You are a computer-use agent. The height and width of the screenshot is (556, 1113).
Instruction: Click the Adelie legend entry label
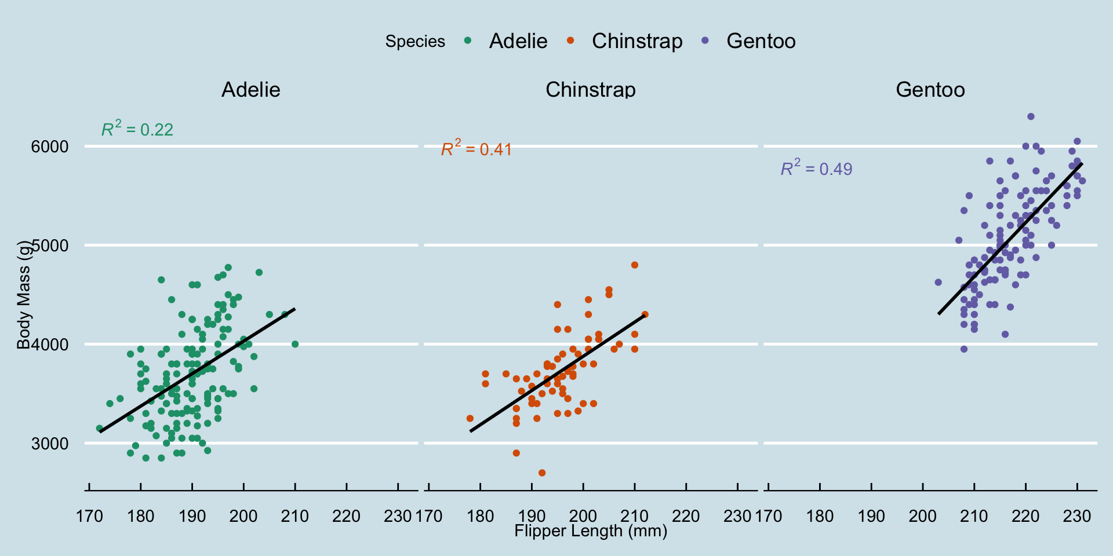(518, 41)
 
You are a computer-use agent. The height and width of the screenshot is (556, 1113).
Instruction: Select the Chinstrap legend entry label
(636, 41)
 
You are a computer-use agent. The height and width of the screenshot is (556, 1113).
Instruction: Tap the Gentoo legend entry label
(761, 41)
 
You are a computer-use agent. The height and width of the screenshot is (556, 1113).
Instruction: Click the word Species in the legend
(415, 42)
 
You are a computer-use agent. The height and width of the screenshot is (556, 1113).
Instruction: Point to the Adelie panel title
(251, 90)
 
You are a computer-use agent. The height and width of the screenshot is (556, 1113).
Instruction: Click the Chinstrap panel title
(591, 90)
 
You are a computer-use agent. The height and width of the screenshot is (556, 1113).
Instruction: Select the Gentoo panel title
(930, 90)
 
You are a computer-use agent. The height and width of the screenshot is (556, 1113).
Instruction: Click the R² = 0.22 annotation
(137, 129)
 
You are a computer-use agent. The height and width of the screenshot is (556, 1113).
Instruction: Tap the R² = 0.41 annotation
(477, 148)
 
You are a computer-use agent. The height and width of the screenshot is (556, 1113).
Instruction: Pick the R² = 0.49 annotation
(816, 168)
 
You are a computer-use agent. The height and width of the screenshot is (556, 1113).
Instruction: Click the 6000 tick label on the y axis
(50, 147)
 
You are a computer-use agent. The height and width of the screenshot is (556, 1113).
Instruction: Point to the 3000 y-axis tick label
(50, 444)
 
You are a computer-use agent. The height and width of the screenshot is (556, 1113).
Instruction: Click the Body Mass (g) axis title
(23, 295)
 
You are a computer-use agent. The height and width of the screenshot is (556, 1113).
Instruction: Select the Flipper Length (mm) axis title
(591, 531)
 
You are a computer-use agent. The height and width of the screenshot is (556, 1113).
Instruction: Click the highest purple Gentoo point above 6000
(1031, 116)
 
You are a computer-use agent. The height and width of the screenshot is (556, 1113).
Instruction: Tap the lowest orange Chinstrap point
(542, 473)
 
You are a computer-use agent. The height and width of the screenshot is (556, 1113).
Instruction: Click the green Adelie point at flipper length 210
(295, 344)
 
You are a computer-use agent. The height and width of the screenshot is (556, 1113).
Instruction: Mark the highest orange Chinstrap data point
(635, 265)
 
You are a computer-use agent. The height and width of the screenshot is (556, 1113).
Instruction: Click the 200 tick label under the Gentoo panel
(923, 516)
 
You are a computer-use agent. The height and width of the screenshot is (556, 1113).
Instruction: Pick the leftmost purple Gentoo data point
(938, 283)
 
